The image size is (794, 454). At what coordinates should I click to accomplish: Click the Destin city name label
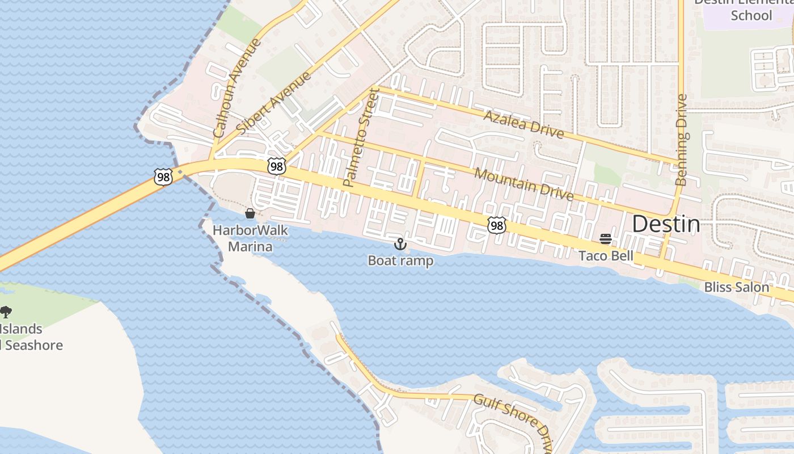tap(666, 224)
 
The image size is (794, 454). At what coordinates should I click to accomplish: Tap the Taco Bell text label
tap(606, 256)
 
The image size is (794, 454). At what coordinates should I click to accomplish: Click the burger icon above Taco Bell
tap(606, 239)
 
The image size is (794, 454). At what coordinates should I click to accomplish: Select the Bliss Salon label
tap(736, 287)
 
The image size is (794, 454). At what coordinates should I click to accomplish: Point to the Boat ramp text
tap(400, 260)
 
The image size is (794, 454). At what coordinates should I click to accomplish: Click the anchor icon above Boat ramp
tap(400, 244)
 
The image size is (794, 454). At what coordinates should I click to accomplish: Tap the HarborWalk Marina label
tap(250, 238)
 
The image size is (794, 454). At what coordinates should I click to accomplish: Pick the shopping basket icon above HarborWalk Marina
tap(250, 213)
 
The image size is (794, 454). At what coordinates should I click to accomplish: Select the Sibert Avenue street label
tap(274, 103)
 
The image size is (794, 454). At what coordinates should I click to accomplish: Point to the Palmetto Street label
tap(361, 137)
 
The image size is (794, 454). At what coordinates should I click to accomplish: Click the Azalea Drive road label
tap(523, 124)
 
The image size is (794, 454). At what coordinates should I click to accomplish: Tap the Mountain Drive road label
tap(523, 184)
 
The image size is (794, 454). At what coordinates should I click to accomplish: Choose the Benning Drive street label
tap(682, 140)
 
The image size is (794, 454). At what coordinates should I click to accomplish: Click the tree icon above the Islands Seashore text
tap(6, 312)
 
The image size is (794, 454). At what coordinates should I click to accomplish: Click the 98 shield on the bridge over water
tap(163, 177)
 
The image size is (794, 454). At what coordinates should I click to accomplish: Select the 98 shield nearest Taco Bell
tap(496, 225)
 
